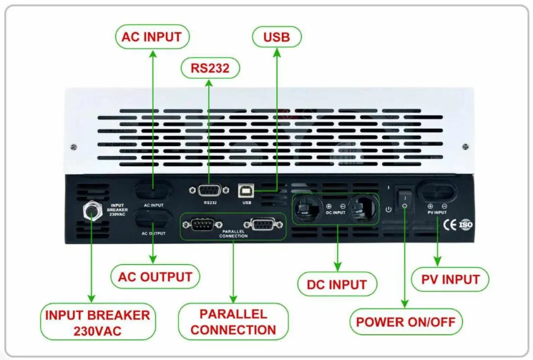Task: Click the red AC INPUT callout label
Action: [x=152, y=37]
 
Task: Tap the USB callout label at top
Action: [x=277, y=37]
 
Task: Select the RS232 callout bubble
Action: [x=210, y=68]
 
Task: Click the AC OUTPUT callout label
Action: [x=155, y=277]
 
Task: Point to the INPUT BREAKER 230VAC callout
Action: [x=97, y=322]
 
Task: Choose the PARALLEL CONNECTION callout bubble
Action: [x=233, y=321]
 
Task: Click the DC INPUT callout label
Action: [x=337, y=284]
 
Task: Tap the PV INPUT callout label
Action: [x=450, y=279]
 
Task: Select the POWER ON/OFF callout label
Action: [x=406, y=321]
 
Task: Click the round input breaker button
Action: [x=92, y=211]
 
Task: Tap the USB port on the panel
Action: [x=246, y=191]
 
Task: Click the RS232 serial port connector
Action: [x=210, y=190]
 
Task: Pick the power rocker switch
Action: [x=404, y=200]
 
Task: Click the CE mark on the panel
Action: [x=449, y=225]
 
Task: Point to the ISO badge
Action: [x=466, y=224]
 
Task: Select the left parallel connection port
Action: [x=202, y=224]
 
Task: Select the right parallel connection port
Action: [x=263, y=224]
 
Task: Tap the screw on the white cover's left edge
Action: [x=74, y=147]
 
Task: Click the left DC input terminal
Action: [x=307, y=208]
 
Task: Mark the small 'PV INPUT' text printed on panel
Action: [x=437, y=213]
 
